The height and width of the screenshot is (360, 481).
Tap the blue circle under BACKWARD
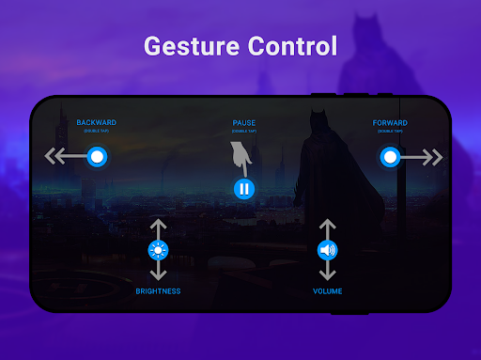(96, 157)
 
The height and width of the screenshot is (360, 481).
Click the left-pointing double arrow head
(54, 157)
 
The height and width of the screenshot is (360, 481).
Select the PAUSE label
(243, 122)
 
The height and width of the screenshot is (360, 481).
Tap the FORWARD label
(389, 122)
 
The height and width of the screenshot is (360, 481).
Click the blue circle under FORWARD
(390, 157)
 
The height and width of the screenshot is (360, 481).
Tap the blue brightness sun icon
(158, 250)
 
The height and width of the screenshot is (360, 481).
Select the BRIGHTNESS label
(158, 291)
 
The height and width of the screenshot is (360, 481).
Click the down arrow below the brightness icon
(158, 274)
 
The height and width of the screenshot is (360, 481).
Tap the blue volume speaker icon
(327, 250)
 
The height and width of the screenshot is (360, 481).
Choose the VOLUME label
(327, 291)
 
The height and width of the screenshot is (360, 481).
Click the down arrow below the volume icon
(327, 274)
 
